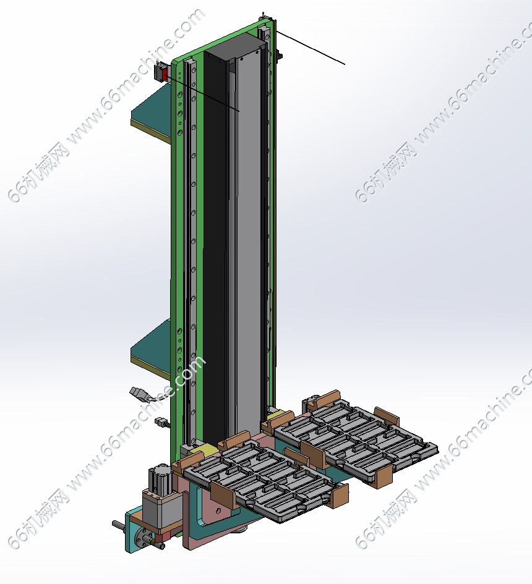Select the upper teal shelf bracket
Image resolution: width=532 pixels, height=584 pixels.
click(x=152, y=111)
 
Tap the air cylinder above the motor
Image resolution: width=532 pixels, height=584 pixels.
click(x=160, y=478)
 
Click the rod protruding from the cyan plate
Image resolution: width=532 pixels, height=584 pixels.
click(x=119, y=525)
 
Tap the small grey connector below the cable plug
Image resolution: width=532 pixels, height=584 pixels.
click(x=160, y=421)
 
